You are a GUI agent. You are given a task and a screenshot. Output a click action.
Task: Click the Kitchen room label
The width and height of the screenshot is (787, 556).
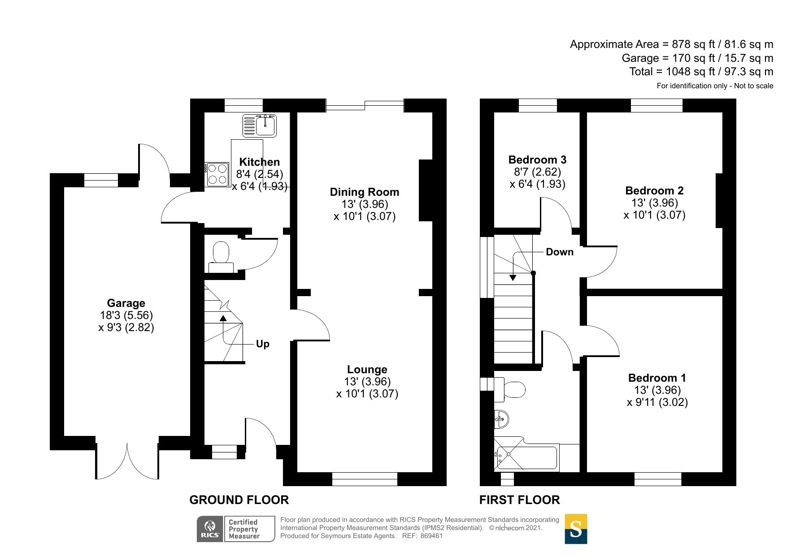click(259, 162)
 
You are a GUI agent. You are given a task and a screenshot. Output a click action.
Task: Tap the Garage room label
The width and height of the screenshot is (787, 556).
click(126, 303)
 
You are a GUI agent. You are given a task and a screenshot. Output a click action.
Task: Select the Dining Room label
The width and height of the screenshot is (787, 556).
click(365, 192)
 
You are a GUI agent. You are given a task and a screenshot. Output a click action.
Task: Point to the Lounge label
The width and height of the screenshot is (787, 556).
click(367, 370)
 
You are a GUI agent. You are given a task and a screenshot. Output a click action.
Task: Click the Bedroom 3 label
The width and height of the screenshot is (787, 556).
click(537, 160)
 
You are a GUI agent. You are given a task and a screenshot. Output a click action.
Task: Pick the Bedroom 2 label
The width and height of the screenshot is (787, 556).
click(654, 191)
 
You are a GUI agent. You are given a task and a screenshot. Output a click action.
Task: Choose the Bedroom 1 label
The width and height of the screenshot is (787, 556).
click(657, 378)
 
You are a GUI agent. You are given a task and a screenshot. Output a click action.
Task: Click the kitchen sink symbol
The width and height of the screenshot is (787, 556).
click(260, 125)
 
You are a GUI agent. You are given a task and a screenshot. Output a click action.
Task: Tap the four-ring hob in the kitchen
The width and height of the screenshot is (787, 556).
click(217, 174)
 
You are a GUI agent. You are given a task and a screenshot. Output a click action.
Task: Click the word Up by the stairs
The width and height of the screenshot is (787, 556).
click(263, 344)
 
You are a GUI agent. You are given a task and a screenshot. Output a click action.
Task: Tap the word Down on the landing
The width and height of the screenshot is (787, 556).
click(560, 252)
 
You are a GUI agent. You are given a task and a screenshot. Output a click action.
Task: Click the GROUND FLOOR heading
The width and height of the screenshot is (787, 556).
click(239, 500)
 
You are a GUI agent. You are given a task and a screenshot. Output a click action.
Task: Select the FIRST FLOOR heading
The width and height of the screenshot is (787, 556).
click(520, 500)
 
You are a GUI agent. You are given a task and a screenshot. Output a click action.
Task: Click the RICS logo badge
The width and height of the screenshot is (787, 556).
click(236, 529)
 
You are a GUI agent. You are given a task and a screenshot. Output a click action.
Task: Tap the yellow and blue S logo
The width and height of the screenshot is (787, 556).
click(576, 529)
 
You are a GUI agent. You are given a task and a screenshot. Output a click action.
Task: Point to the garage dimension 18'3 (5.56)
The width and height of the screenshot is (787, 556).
click(126, 315)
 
